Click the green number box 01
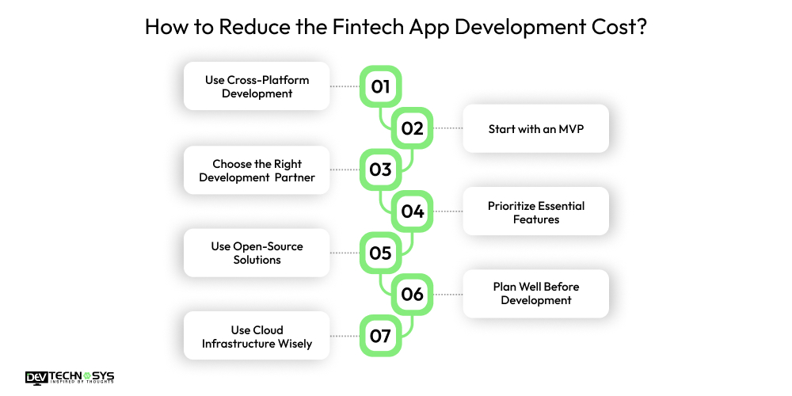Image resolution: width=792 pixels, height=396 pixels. click(381, 86)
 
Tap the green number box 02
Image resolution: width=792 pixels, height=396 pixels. click(413, 128)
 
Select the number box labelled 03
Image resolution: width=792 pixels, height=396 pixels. click(381, 169)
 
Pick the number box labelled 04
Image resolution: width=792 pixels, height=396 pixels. click(413, 211)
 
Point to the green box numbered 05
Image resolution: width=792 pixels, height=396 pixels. click(381, 253)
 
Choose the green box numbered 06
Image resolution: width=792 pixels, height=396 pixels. click(413, 295)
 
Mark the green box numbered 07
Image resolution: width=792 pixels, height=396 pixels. click(381, 336)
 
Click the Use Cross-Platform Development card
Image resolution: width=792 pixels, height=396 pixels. click(257, 86)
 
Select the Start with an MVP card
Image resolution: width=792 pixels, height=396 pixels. click(535, 128)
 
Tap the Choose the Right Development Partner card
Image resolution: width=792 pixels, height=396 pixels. click(257, 170)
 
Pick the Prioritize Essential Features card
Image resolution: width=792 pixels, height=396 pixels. click(535, 211)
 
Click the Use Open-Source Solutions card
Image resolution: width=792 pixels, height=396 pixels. click(257, 253)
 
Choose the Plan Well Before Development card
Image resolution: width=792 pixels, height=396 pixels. click(535, 294)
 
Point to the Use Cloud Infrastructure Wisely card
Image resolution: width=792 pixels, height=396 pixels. click(257, 336)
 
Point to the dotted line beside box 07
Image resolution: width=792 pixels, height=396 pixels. click(345, 336)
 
